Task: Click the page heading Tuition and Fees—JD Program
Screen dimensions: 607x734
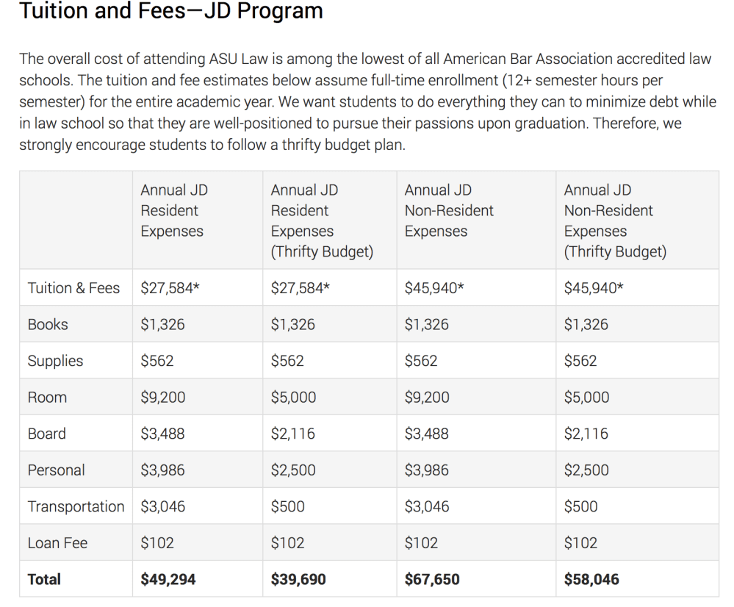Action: point(170,12)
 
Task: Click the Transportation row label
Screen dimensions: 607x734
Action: point(76,506)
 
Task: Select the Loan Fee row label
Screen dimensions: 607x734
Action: point(57,543)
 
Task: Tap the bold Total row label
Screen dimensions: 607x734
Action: point(44,579)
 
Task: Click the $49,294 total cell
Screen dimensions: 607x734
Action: point(168,579)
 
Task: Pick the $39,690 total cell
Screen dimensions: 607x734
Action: point(298,579)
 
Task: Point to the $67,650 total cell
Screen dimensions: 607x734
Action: point(432,579)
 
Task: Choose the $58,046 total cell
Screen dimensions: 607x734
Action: point(591,579)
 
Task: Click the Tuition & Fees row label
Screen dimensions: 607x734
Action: point(73,288)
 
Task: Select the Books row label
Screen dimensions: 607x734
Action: point(48,324)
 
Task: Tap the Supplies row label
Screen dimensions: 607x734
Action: point(55,361)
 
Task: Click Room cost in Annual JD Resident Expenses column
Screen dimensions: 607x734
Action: point(163,398)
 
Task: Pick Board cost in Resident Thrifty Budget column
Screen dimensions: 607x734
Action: point(293,434)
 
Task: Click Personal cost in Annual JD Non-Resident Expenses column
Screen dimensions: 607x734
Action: point(427,470)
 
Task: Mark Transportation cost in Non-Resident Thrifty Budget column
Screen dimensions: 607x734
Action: point(581,506)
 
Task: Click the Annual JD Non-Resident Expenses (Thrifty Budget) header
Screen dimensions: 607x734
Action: point(615,220)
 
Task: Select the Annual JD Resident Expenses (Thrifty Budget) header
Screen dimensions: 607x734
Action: point(322,220)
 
